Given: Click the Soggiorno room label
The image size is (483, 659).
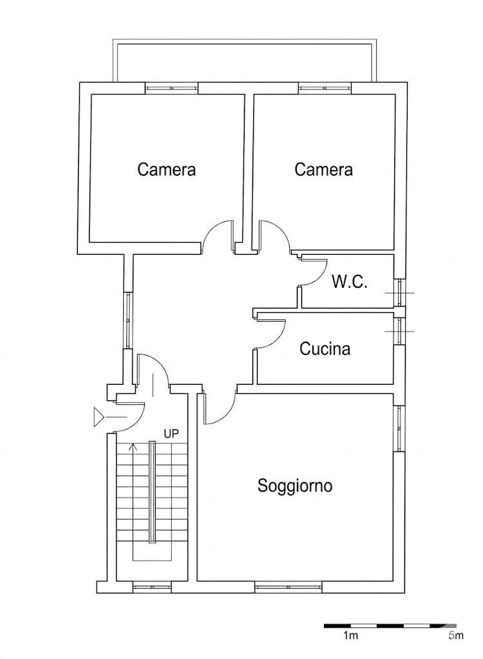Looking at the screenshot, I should tap(295, 485).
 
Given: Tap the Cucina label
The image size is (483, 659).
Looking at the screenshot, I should tap(325, 349).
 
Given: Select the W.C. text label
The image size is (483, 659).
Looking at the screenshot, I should tap(350, 282).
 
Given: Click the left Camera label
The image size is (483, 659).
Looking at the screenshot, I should tap(167, 170).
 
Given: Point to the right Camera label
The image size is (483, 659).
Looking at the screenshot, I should tap(323, 170).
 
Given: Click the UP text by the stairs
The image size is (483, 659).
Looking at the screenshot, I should tap(171, 434).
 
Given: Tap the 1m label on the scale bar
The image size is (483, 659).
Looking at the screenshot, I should tap(350, 636).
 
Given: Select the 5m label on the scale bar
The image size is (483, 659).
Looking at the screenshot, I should tap(455, 636).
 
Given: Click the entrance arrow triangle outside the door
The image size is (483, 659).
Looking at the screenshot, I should tap(99, 417).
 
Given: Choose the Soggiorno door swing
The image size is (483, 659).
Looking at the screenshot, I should tap(222, 412).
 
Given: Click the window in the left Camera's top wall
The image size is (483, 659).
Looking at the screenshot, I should tap(171, 88).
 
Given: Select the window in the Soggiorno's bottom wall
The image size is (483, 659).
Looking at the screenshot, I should tap(288, 587).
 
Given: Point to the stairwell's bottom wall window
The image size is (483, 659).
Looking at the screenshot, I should tap(153, 587).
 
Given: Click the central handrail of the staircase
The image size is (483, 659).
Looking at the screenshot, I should tap(153, 492).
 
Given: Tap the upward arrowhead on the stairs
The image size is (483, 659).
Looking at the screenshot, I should tap(134, 445).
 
